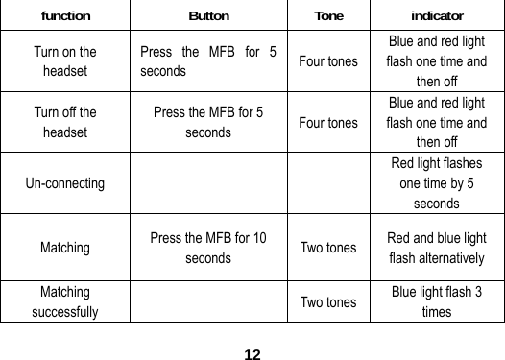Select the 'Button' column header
(208, 16)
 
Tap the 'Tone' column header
(328, 16)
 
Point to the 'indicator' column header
(437, 16)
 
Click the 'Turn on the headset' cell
(65, 61)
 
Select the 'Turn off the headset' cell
(65, 123)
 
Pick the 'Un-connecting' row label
(66, 182)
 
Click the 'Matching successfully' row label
(65, 300)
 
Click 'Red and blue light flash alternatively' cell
(437, 248)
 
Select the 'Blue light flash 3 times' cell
(437, 300)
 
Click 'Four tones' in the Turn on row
(328, 62)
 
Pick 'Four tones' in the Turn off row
(328, 123)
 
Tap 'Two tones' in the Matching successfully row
(328, 301)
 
